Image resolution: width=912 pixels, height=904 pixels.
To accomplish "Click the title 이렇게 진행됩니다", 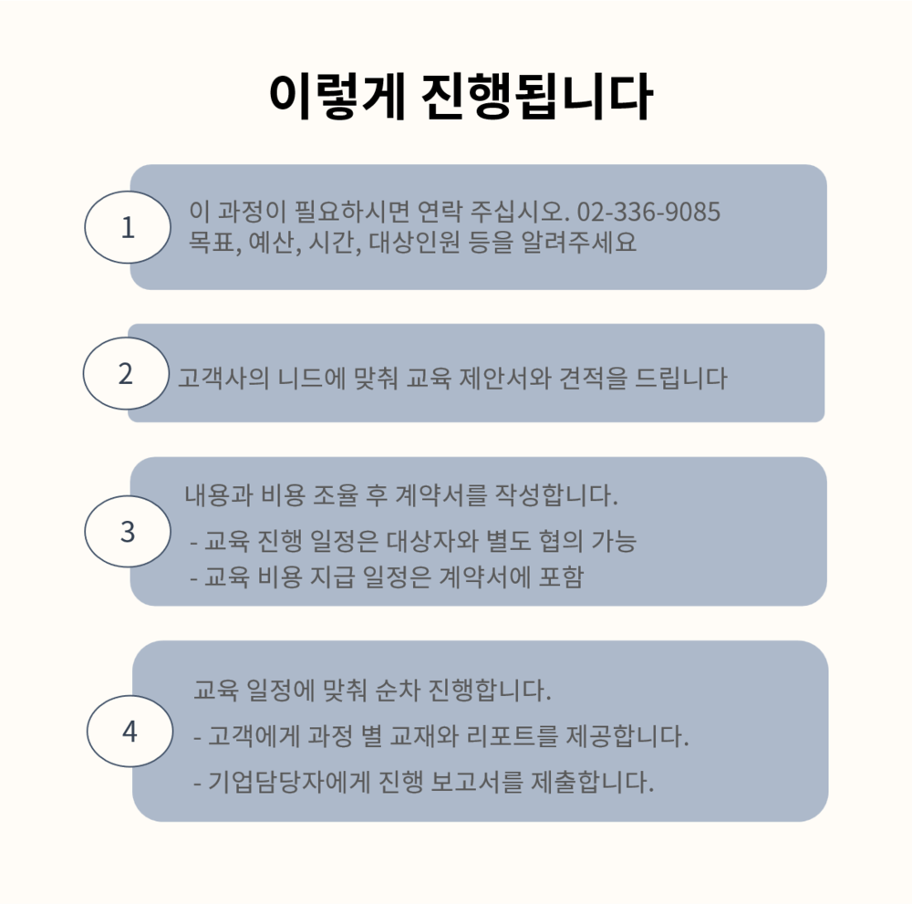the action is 461,97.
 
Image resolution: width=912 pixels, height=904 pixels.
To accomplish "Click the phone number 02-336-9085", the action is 648,212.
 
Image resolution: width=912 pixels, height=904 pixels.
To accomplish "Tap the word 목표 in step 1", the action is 212,242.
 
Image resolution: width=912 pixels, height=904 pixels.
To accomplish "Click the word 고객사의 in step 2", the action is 223,379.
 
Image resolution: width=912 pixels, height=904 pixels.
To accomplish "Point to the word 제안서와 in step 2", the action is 505,379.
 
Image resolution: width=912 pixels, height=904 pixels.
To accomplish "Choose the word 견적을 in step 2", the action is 594,379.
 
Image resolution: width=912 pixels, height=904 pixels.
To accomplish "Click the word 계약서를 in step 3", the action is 440,495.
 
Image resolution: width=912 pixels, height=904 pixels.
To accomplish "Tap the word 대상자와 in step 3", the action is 432,541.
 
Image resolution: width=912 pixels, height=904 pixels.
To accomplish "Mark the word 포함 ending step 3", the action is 561,577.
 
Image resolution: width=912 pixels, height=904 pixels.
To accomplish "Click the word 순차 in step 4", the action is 398,690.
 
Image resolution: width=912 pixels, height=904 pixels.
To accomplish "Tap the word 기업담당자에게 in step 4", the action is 289,782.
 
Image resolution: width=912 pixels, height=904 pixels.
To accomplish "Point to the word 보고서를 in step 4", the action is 476,782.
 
